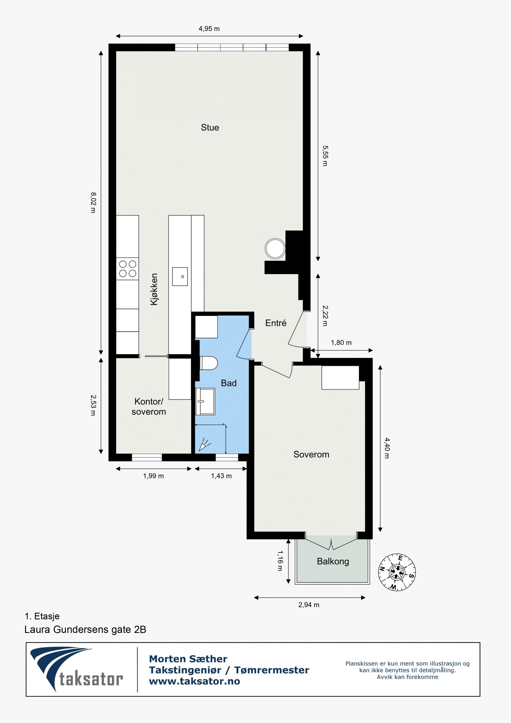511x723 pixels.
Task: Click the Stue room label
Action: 210,127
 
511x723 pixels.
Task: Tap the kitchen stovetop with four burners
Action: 127,269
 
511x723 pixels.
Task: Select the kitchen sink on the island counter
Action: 180,276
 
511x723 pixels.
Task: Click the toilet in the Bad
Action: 209,363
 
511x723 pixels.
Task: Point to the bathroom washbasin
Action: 205,401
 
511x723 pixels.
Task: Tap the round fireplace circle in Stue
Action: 275,249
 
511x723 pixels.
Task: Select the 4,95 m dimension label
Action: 209,29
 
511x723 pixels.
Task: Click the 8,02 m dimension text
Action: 93,203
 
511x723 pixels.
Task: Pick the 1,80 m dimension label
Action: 341,343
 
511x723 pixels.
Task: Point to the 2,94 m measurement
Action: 309,605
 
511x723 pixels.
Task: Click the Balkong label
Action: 333,561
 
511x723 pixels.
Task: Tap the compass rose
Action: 397,572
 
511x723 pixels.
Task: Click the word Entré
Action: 276,323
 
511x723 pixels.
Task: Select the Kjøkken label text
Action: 154,289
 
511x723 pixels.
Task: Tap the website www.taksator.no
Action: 194,681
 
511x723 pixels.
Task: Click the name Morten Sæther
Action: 188,659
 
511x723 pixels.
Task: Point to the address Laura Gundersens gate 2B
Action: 85,630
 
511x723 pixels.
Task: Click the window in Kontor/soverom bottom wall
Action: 147,458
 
